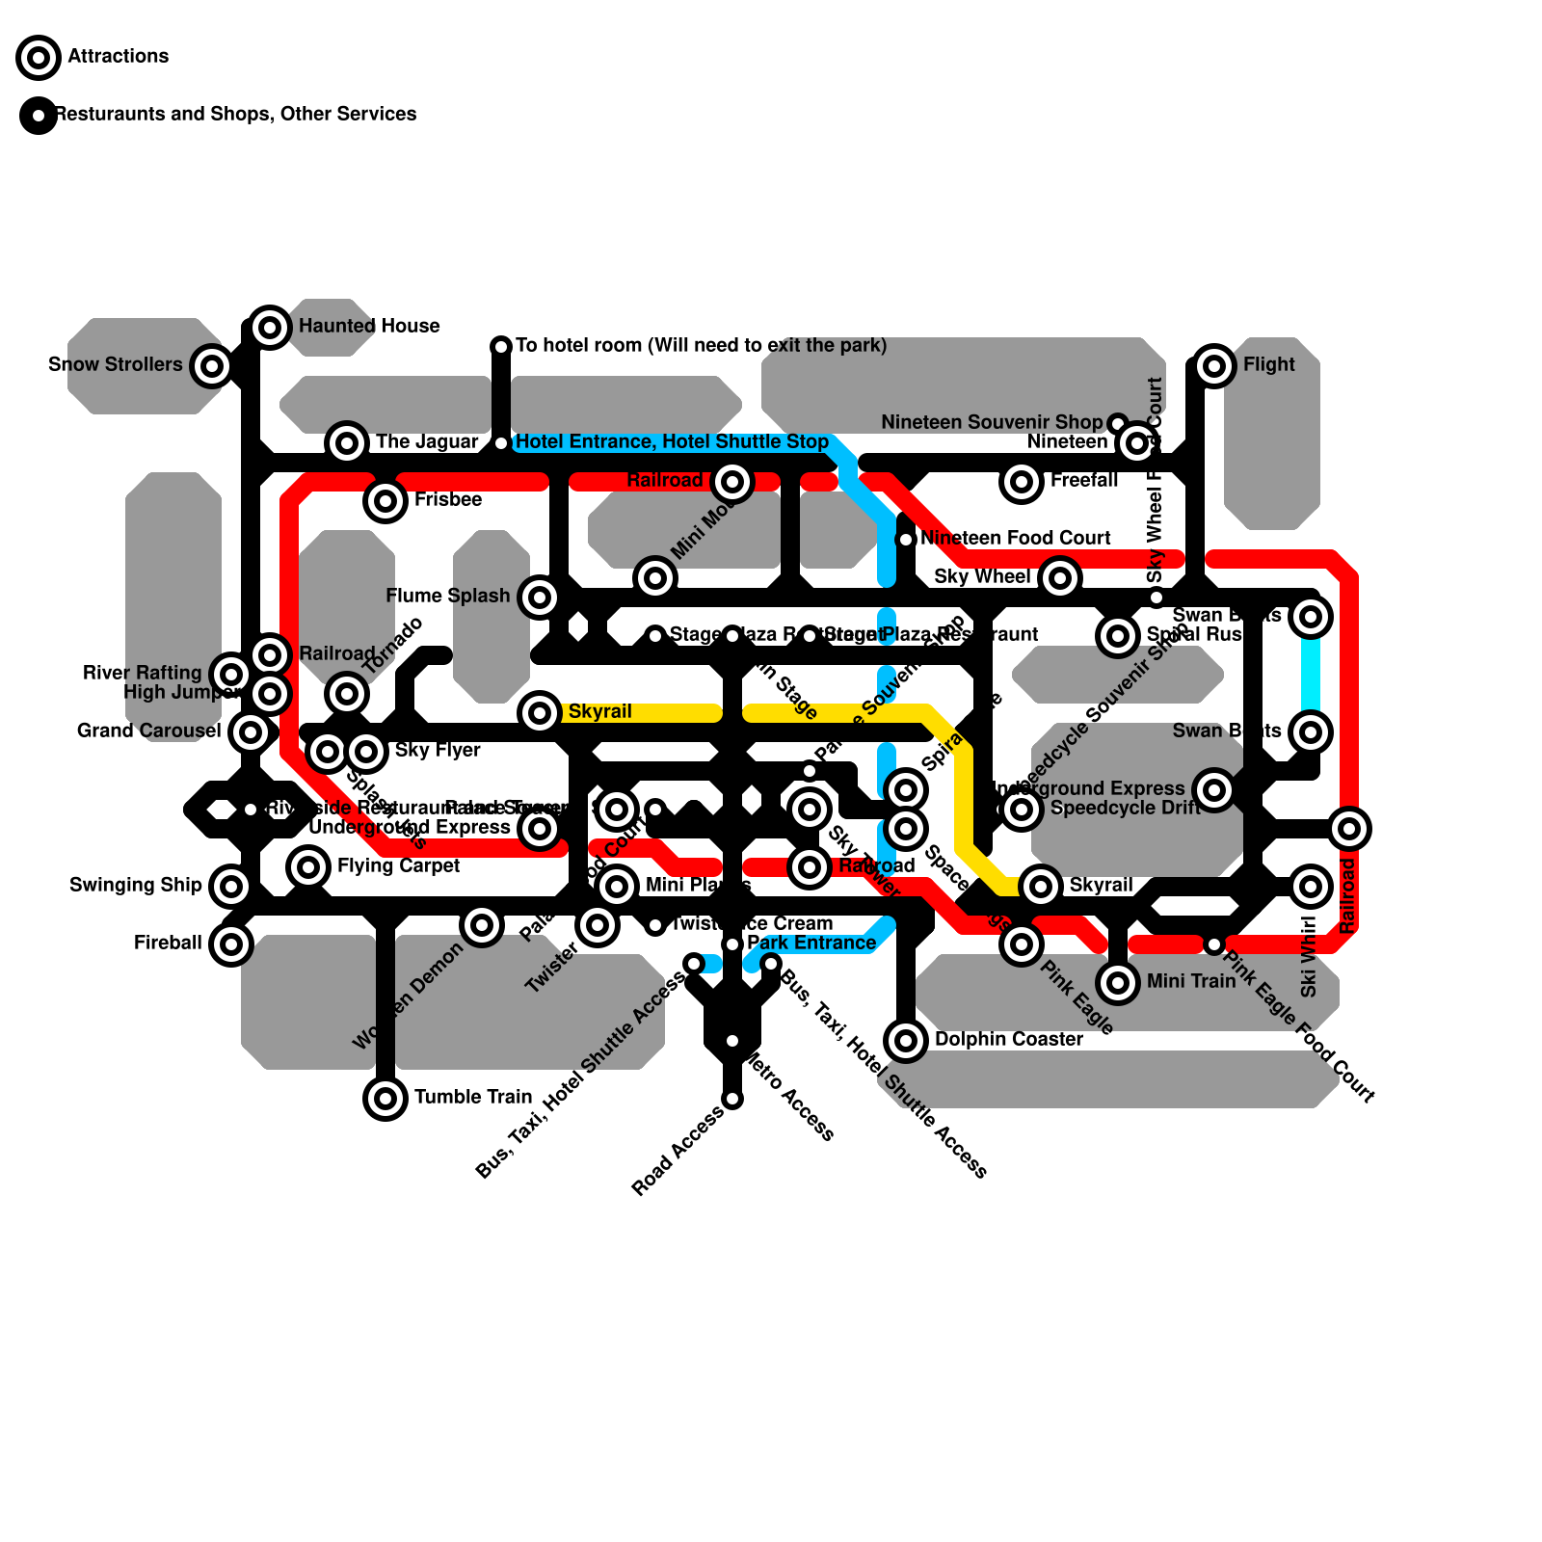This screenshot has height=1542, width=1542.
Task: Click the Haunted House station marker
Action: point(270,328)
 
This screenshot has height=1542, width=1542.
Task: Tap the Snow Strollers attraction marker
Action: point(212,366)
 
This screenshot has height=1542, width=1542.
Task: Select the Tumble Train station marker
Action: point(385,1098)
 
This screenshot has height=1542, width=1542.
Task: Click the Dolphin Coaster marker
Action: point(906,1041)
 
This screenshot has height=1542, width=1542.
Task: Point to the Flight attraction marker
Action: point(1214,366)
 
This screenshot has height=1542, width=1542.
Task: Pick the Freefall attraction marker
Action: point(1022,482)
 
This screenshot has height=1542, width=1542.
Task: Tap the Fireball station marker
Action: point(231,944)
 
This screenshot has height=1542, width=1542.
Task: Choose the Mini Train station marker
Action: point(1118,983)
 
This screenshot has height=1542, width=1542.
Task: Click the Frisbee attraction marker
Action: point(385,501)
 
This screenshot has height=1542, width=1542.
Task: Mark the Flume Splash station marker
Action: point(540,598)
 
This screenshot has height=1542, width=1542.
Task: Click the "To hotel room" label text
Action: point(701,345)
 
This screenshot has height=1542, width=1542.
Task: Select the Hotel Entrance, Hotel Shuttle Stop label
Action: point(672,441)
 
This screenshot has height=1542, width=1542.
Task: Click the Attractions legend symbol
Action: point(39,58)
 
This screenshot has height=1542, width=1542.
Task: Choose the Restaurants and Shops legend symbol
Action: point(39,116)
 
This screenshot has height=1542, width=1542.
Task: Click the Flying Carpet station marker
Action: point(308,867)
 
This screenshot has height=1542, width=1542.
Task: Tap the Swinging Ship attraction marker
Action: point(231,887)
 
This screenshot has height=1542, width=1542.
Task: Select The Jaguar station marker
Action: point(347,443)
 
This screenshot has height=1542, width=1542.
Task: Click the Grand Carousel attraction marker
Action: point(251,732)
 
